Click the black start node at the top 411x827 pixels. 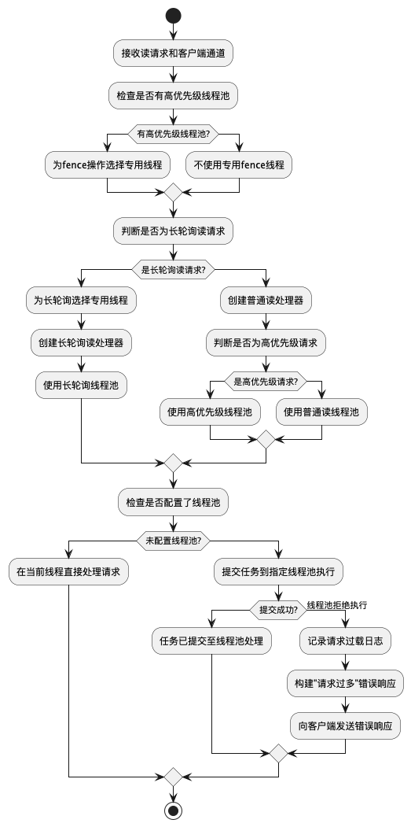pyautogui.click(x=173, y=16)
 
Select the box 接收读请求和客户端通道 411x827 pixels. pyautogui.click(x=173, y=54)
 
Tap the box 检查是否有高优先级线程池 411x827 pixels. pyautogui.click(x=173, y=96)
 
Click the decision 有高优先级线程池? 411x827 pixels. pyautogui.click(x=173, y=133)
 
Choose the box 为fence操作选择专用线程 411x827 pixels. pyautogui.click(x=107, y=164)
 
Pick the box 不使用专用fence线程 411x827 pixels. pyautogui.click(x=239, y=164)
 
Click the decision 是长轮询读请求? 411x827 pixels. pyautogui.click(x=173, y=269)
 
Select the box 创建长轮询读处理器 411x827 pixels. pyautogui.click(x=82, y=342)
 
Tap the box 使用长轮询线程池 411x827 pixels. pyautogui.click(x=82, y=385)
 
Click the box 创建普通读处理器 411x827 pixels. pyautogui.click(x=266, y=300)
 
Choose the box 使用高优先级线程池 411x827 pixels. pyautogui.click(x=211, y=412)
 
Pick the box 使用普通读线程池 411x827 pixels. pyautogui.click(x=321, y=412)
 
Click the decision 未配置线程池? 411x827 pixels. pyautogui.click(x=173, y=540)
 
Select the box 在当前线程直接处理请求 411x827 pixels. pyautogui.click(x=68, y=571)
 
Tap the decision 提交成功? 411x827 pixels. pyautogui.click(x=278, y=609)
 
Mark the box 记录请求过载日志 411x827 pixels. pyautogui.click(x=345, y=641)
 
